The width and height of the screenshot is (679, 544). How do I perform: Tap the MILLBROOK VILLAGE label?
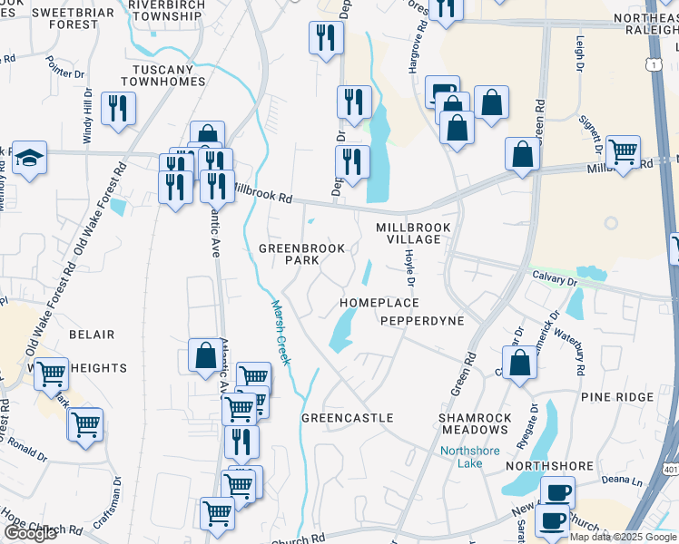pyautogui.click(x=408, y=233)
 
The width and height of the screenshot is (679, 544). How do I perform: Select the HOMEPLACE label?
pyautogui.click(x=379, y=303)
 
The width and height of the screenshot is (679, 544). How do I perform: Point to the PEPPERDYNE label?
pyautogui.click(x=422, y=321)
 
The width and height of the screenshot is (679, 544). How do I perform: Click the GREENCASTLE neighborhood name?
pyautogui.click(x=347, y=418)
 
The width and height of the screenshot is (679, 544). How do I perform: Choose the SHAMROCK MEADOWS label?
pyautogui.click(x=474, y=423)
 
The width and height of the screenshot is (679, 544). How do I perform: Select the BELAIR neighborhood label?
pyautogui.click(x=92, y=335)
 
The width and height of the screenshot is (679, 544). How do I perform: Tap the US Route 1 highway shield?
pyautogui.click(x=652, y=64)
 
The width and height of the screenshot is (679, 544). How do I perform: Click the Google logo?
pyautogui.click(x=30, y=533)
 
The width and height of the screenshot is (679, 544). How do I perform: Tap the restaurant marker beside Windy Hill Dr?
pyautogui.click(x=118, y=109)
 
